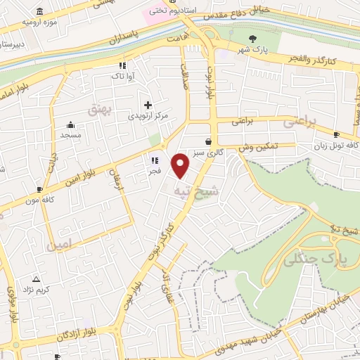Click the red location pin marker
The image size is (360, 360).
click(181, 165)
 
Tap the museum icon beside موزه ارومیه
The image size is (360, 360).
click(38, 12)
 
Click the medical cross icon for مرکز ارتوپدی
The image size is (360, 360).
click(148, 104)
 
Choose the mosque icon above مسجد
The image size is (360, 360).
click(70, 124)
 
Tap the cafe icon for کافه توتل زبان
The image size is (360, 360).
click(336, 134)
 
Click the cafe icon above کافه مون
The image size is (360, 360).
click(39, 190)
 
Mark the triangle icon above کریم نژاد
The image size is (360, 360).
click(36, 279)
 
